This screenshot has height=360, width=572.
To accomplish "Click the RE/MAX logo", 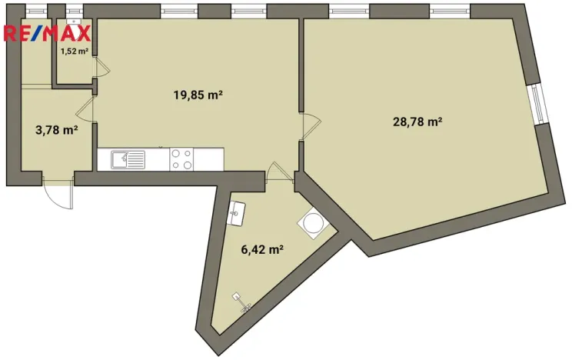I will point(48,32).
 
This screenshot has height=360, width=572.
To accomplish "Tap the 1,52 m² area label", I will point(75,52).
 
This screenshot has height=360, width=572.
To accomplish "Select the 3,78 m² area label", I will point(56,130).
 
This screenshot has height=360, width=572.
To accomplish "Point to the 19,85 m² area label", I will point(198,95).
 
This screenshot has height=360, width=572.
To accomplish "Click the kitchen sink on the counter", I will point(128,159).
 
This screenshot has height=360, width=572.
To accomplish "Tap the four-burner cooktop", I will point(182,159).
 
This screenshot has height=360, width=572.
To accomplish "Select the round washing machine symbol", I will point(314,222).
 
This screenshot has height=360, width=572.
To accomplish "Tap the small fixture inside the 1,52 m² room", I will point(74,22).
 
